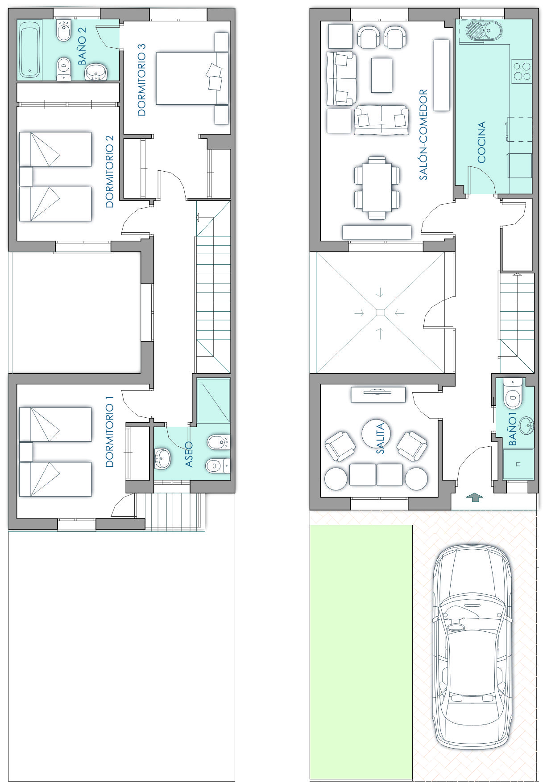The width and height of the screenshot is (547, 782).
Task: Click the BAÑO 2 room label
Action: click(82, 45)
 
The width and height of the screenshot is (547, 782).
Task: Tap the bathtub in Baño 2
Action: click(30, 49)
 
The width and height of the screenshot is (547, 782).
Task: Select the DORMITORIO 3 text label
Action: click(141, 80)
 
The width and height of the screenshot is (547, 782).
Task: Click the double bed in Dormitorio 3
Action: click(192, 78)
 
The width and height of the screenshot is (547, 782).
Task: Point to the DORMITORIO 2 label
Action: click(109, 172)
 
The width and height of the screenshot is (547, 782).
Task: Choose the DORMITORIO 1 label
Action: click(109, 431)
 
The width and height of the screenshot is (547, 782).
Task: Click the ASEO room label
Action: click(189, 454)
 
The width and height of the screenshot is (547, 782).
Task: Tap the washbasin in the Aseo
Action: click(162, 459)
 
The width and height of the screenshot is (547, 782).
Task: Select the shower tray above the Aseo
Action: click(213, 400)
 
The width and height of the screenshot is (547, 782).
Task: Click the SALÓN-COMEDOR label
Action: click(423, 135)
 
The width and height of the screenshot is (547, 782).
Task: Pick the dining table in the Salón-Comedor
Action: click(377, 187)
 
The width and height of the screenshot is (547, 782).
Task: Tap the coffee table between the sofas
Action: click(381, 75)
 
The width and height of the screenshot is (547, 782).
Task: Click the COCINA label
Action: click(481, 142)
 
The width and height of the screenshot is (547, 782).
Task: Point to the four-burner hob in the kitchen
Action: click(522, 70)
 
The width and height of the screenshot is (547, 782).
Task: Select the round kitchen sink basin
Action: click(475, 30)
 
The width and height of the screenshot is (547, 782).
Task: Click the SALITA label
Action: click(380, 438)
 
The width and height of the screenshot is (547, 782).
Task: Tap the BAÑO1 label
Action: click(513, 429)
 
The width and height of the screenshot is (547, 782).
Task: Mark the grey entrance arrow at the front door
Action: click(474, 497)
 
